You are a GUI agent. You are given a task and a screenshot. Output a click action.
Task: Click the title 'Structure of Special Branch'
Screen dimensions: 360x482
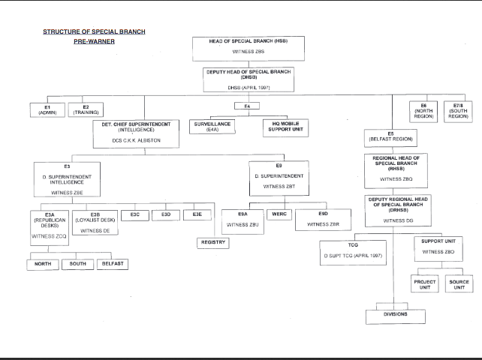point(94,31)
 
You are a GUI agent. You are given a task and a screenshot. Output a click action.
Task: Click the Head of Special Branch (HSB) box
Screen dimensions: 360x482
point(248,46)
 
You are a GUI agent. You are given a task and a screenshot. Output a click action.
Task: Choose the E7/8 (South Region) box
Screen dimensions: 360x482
point(459,111)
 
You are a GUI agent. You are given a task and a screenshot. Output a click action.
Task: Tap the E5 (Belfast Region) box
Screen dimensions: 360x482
point(390,137)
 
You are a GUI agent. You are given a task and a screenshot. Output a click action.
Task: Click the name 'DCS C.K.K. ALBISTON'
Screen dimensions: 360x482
point(136,141)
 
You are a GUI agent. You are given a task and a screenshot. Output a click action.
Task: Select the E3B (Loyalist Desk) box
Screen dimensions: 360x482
point(95,223)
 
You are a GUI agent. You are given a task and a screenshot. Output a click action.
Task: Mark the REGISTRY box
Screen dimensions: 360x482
point(212,242)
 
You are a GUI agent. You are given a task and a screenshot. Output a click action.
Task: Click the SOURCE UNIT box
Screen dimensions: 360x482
point(459,284)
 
